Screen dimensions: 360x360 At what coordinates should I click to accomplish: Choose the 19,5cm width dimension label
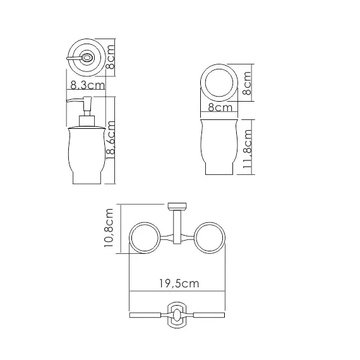coord(177,284)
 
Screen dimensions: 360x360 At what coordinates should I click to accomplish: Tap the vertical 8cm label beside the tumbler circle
coord(247,82)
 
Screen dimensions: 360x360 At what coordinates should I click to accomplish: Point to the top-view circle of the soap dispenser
coord(84,57)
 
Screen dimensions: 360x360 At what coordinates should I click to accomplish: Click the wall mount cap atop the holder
coord(176,206)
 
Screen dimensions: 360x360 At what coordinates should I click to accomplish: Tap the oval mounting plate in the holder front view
coord(177,314)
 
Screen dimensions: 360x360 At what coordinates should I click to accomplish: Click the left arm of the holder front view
coord(147,314)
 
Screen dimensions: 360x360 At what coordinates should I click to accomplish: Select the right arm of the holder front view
coord(207,314)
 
